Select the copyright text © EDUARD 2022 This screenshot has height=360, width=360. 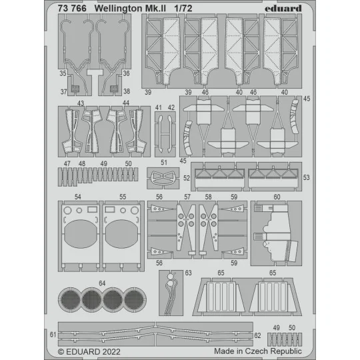click(x=91, y=351)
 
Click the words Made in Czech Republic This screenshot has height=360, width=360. click(x=258, y=351)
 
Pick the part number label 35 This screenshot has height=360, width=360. click(x=63, y=74)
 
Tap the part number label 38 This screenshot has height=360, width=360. click(x=127, y=91)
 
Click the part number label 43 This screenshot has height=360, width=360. click(x=80, y=104)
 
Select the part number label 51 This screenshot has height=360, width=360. click(x=163, y=163)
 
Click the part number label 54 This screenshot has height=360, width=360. click(x=78, y=198)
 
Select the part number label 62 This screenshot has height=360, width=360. click(x=257, y=334)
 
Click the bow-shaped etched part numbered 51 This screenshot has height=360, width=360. click(x=163, y=179)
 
